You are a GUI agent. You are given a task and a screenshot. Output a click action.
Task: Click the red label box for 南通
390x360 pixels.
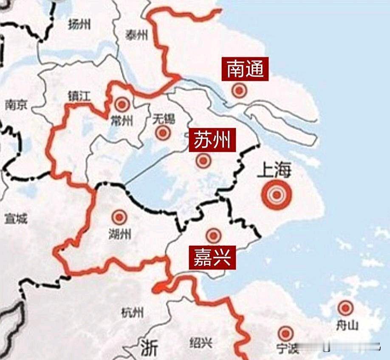pyautogui.click(x=245, y=69)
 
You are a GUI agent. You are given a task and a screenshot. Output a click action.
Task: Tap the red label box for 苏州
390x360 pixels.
pyautogui.click(x=212, y=140)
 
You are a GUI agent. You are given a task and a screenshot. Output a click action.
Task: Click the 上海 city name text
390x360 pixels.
pyautogui.click(x=274, y=170)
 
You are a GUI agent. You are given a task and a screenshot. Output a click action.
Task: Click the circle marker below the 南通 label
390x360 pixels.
pyautogui.click(x=239, y=90)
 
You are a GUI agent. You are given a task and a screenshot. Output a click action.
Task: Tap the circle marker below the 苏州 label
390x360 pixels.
pyautogui.click(x=203, y=161)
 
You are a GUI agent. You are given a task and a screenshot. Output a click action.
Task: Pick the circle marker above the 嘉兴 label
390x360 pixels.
pyautogui.click(x=213, y=236)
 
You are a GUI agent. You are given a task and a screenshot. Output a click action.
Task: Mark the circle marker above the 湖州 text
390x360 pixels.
pyautogui.click(x=119, y=217)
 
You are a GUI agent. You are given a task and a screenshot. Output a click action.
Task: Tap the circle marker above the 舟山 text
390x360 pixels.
pyautogui.click(x=345, y=308)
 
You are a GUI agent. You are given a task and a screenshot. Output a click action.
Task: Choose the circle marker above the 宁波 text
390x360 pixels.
pyautogui.click(x=285, y=333)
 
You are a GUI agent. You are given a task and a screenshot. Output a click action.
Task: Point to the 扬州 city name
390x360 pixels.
pyautogui.click(x=79, y=25)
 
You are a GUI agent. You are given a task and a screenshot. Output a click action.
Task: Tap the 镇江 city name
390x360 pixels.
pyautogui.click(x=79, y=96)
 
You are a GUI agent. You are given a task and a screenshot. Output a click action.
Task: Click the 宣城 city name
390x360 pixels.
pyautogui.click(x=16, y=219)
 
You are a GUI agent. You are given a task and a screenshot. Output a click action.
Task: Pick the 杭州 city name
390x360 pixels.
pyautogui.click(x=132, y=313)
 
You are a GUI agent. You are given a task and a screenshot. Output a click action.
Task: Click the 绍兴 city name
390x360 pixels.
pyautogui.click(x=201, y=343)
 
